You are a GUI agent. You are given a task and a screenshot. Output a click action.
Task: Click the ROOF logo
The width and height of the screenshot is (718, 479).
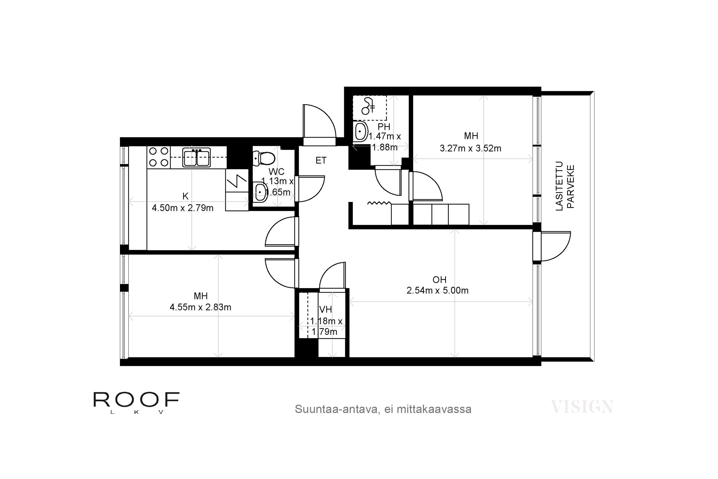[136, 403]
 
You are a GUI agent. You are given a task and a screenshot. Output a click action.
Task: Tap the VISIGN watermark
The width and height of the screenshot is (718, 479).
[582, 407]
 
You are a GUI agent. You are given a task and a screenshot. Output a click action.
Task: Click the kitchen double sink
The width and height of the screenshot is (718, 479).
[196, 157]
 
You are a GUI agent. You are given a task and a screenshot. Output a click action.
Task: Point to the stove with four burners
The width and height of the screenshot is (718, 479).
[159, 157]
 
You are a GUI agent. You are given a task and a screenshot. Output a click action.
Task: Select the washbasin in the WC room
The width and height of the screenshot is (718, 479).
[260, 192]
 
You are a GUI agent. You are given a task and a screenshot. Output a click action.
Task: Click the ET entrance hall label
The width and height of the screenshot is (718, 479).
[321, 160]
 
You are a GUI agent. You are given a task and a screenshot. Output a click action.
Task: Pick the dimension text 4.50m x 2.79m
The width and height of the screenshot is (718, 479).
[183, 208]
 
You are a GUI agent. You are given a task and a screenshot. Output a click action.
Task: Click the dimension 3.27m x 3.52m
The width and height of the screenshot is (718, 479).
[471, 148]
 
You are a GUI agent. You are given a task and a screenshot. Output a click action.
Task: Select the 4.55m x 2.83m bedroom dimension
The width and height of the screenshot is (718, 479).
[200, 307]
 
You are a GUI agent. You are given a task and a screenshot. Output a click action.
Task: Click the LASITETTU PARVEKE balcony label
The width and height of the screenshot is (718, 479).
[565, 186]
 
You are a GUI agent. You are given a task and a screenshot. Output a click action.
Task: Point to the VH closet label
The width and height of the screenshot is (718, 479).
[325, 309]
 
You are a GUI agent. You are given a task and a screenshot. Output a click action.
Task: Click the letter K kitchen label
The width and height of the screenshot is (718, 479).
[185, 196]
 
